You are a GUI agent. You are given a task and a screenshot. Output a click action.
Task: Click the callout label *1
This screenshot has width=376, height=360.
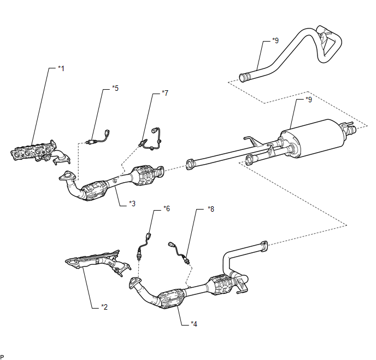point(61,68)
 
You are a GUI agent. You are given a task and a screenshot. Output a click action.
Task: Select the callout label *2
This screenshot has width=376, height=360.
point(104,307)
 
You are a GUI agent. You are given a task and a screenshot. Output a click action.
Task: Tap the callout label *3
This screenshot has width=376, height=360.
point(132,204)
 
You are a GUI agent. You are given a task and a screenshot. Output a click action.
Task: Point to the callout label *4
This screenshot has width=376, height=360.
point(194,324)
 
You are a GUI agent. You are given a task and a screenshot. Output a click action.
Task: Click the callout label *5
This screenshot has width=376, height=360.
point(115,88)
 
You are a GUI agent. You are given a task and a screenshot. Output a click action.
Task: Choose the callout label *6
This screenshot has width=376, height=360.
point(167,208)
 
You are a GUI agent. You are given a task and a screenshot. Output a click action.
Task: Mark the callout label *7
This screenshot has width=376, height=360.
point(165,93)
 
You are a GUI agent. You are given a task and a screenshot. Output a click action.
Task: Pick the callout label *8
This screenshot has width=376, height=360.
point(211,209)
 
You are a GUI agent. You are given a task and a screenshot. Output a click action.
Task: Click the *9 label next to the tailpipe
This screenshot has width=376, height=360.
point(275,40)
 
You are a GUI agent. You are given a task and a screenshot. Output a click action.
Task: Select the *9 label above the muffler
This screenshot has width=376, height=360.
point(309,100)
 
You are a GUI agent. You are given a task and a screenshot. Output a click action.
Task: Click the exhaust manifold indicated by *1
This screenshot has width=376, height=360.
point(40,152)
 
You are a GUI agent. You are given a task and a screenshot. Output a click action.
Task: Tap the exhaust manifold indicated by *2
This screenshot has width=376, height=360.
point(98,262)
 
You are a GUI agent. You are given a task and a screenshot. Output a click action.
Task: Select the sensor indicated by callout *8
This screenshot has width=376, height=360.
point(180,252)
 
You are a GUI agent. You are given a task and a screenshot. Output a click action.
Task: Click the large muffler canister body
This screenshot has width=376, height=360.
point(313,138)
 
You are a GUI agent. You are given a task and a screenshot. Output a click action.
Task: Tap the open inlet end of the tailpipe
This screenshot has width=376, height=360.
point(243,78)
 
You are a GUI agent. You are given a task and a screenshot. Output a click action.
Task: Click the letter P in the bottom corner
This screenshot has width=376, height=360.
point(2,357)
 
